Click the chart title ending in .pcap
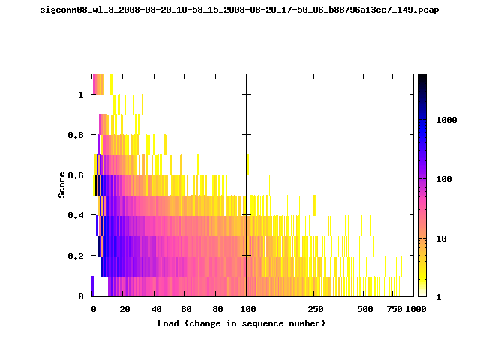[239, 10]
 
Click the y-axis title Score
[61, 185]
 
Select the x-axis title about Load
[241, 323]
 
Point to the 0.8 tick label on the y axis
[76, 135]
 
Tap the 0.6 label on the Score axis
[76, 175]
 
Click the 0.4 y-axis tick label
[76, 215]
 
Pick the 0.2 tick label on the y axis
[76, 256]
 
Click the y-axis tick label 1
[81, 94]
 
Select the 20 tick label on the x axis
[124, 309]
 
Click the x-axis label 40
[156, 309]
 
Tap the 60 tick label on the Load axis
[186, 309]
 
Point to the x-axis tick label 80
[217, 309]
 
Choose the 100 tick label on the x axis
[248, 309]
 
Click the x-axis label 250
[316, 309]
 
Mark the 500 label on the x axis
[365, 309]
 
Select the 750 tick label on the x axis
[394, 309]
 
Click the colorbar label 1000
[446, 120]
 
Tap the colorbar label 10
[441, 238]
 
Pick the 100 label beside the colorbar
[444, 179]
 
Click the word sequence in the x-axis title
[262, 323]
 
